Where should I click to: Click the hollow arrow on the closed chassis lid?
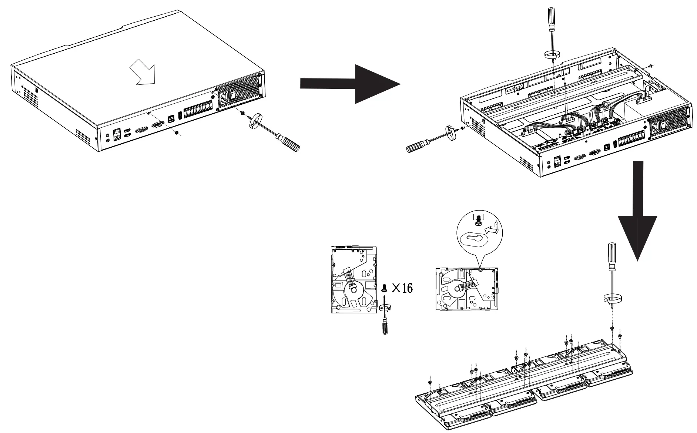point(142,71)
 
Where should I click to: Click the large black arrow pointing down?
point(637,218)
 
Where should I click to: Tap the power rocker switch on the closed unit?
point(233,95)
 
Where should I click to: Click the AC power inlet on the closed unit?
point(224,99)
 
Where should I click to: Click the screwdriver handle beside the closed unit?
point(289,144)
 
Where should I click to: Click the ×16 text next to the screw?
point(402,288)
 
